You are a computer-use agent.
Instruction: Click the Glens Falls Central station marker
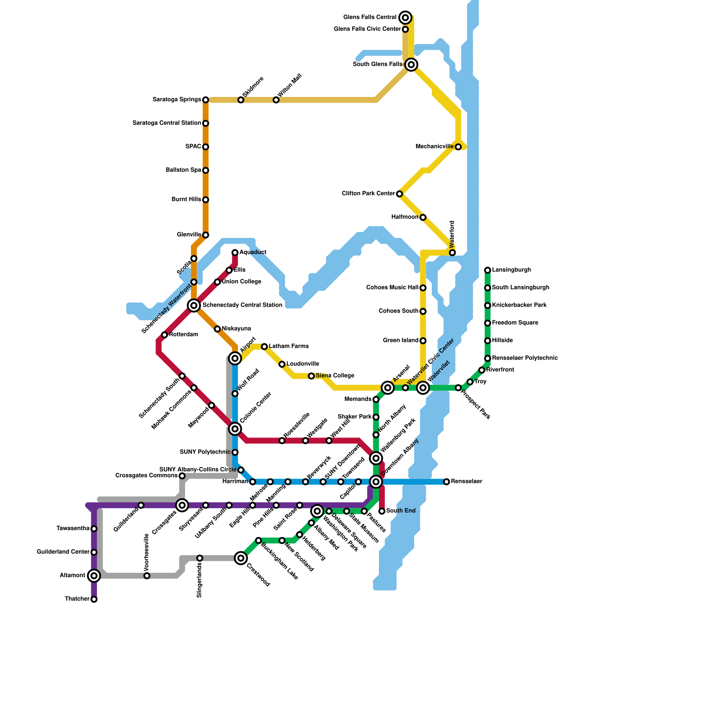[406, 18]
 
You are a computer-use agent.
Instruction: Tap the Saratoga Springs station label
[177, 100]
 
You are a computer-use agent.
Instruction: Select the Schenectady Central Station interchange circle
[194, 305]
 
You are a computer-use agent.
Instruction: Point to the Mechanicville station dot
[458, 147]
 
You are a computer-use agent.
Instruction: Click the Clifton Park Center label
[368, 193]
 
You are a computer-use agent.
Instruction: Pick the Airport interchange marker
[235, 358]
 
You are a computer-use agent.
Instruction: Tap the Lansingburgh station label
[511, 270]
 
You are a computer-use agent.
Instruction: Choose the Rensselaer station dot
[447, 482]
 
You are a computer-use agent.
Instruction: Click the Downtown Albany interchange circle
[376, 482]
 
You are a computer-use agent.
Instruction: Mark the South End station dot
[382, 511]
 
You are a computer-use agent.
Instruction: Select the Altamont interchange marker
[94, 575]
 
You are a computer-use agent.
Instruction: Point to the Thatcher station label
[77, 599]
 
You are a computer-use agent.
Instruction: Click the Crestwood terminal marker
[241, 558]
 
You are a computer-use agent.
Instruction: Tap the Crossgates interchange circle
[182, 505]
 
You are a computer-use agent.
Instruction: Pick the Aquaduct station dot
[235, 252]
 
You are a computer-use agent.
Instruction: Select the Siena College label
[335, 376]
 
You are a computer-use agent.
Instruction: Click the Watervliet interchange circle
[423, 388]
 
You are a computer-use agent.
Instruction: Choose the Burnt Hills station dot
[206, 200]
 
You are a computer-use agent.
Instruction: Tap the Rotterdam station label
[183, 334]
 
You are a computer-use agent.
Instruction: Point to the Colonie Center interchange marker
[235, 429]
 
